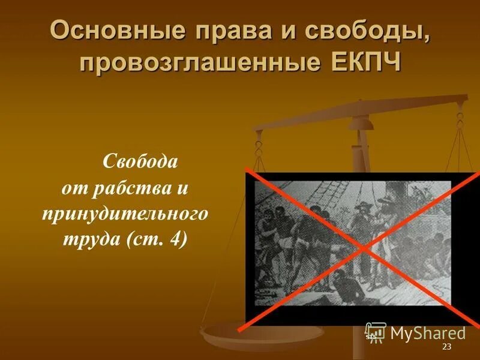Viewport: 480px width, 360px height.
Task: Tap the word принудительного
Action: click(x=125, y=214)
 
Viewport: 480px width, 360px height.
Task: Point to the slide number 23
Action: click(x=446, y=348)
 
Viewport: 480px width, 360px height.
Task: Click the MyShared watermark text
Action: click(x=428, y=333)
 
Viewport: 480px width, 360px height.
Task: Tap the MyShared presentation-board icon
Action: click(x=376, y=332)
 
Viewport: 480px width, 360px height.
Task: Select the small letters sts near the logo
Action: click(x=371, y=337)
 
